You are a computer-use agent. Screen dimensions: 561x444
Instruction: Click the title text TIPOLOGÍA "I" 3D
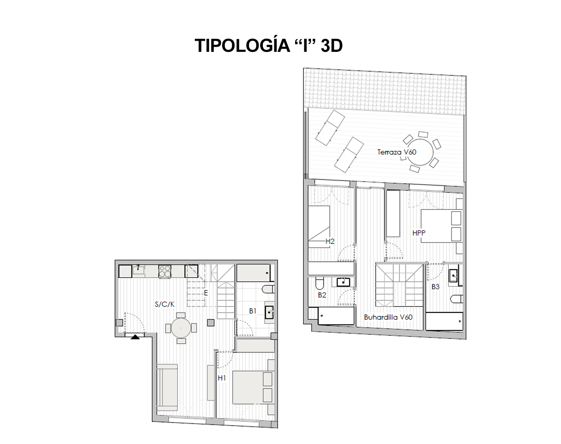click(269, 45)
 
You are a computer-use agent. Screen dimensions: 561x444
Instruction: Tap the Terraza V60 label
click(397, 152)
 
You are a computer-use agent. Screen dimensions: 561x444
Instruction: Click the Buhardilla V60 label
click(388, 317)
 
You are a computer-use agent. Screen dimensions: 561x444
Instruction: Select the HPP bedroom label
click(419, 233)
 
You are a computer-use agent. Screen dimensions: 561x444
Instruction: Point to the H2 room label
click(330, 241)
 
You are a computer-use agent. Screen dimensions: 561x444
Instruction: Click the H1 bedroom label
click(222, 378)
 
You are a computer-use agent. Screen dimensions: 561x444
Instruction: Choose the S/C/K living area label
click(164, 304)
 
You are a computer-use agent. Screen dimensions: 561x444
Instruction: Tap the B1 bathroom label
click(252, 311)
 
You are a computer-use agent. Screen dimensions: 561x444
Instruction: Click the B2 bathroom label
click(322, 295)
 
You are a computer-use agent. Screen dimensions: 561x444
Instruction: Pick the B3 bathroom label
click(435, 287)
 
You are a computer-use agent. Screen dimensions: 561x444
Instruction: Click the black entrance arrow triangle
click(135, 337)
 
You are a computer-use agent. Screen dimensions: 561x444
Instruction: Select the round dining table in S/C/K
click(181, 328)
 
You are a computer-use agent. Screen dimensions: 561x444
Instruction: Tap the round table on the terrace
click(420, 152)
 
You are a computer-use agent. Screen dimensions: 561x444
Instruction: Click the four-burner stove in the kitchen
click(165, 271)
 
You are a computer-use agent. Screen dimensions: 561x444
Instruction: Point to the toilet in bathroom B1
click(268, 289)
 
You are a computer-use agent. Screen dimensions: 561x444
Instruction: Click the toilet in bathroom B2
click(320, 283)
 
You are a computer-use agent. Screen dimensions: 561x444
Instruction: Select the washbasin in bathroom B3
click(454, 276)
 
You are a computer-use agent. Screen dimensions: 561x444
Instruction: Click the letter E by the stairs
click(206, 293)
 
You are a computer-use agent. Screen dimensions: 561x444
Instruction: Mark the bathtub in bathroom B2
click(336, 316)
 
